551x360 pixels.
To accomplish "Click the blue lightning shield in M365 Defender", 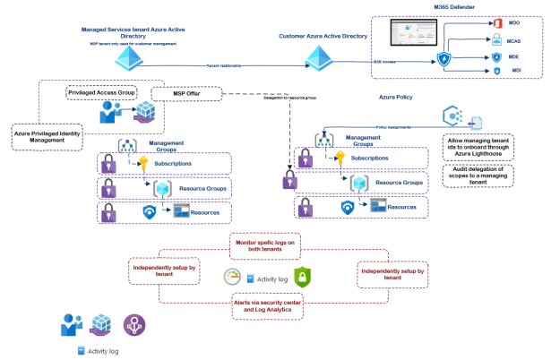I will [x=443, y=59].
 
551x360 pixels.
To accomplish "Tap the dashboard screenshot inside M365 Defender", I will [x=417, y=34].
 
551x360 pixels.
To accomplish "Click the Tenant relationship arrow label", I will [x=225, y=64].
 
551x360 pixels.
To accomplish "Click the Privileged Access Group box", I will [x=100, y=92].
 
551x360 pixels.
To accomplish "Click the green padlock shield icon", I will [x=302, y=277].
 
